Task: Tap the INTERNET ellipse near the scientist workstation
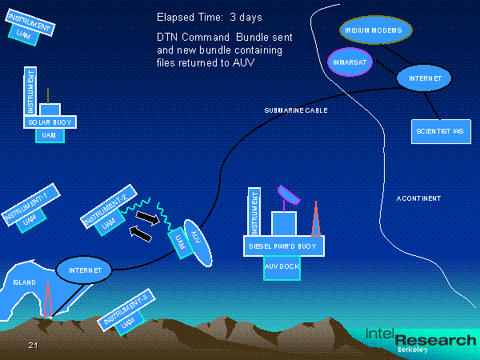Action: pos(424,78)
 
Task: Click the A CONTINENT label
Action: pos(418,198)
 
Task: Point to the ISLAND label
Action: pos(24,283)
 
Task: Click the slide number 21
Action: pos(33,345)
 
